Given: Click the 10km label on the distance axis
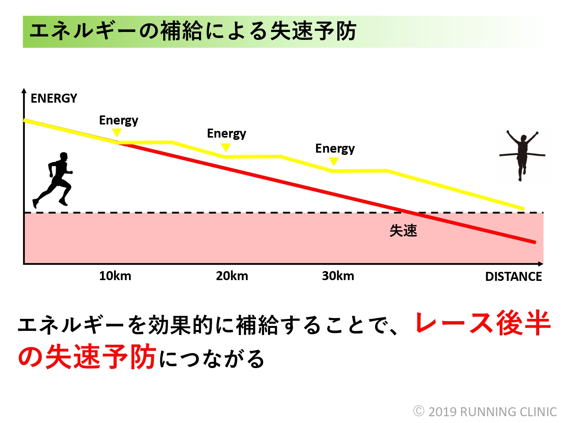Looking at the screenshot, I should coord(115,276).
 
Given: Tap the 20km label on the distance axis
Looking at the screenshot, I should coord(232,276).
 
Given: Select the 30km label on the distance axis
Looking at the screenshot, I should coord(338,276).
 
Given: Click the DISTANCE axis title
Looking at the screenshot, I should coord(513,277).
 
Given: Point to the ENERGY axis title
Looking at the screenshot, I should coord(54,99).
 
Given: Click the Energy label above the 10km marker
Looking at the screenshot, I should coord(118,120).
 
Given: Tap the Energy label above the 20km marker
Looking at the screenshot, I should coord(226,133).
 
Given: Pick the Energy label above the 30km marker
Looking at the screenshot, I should coord(335,149).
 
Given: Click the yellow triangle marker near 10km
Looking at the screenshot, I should coord(117,132).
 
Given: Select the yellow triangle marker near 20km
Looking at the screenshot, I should coord(226,147).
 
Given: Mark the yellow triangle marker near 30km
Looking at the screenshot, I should coord(334,161).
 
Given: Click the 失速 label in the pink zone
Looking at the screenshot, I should coord(403,230).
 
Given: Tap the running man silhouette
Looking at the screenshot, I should coord(55,180).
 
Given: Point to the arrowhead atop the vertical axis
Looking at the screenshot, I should coord(24,91).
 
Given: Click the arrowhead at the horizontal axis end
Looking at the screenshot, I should coord(541,264).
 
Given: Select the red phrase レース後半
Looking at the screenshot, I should coord(483,323).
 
